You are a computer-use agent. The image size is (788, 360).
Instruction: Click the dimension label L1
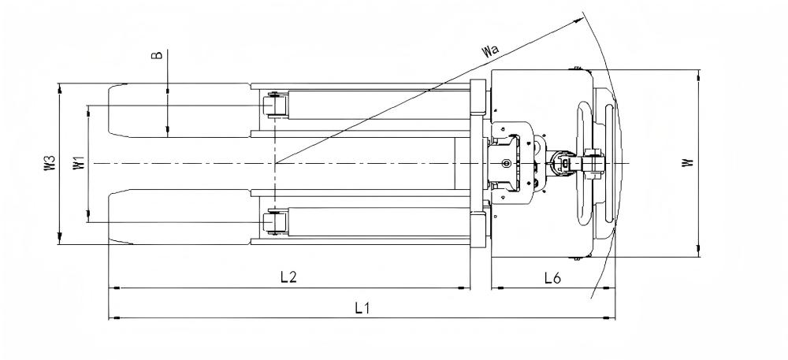pyautogui.click(x=362, y=308)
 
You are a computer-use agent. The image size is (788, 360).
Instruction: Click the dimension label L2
pyautogui.click(x=288, y=277)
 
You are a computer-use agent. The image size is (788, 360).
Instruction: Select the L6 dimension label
pyautogui.click(x=552, y=277)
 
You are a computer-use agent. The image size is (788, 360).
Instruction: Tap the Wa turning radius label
pyautogui.click(x=490, y=50)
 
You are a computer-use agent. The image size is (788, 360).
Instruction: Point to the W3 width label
pyautogui.click(x=50, y=164)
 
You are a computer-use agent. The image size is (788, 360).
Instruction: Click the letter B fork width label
pyautogui.click(x=158, y=54)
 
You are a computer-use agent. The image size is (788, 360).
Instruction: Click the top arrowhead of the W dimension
pyautogui.click(x=698, y=74)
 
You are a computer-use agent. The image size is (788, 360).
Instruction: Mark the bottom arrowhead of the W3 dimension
pyautogui.click(x=59, y=239)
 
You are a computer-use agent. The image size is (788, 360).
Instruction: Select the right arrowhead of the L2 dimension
pyautogui.click(x=464, y=288)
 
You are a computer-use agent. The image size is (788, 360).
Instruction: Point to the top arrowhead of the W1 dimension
pyautogui.click(x=88, y=110)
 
